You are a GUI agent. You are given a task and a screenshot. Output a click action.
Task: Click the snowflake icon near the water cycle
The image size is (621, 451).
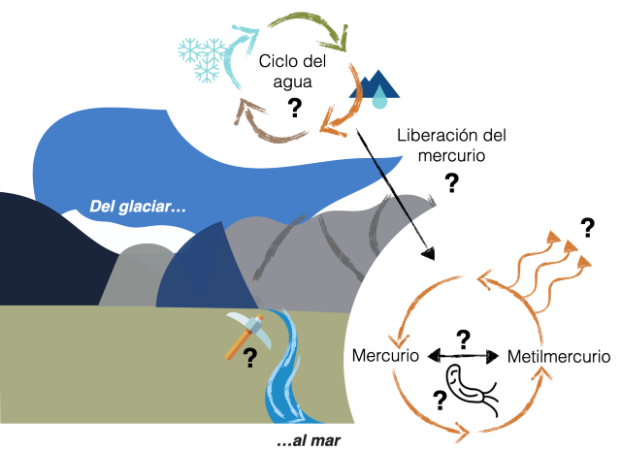tap(201, 55)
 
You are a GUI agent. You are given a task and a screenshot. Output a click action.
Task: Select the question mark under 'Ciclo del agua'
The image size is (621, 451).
tap(292, 108)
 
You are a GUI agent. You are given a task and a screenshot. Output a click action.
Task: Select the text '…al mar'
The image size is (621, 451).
tap(310, 441)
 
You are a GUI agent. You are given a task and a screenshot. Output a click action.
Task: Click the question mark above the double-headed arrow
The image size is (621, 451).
tap(463, 338)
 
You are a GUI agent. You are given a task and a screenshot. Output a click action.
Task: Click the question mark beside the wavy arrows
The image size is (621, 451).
tap(586, 229)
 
